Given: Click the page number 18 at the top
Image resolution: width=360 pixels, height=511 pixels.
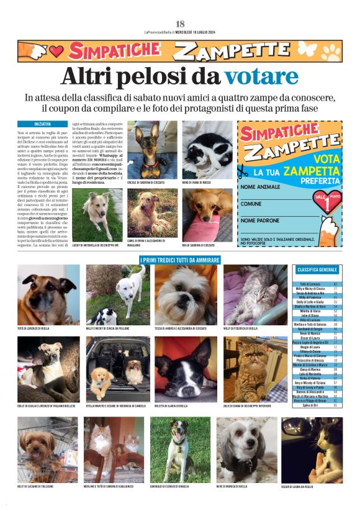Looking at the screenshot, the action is coord(180,24).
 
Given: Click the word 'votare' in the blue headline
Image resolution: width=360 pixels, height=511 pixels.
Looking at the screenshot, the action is coord(261,77).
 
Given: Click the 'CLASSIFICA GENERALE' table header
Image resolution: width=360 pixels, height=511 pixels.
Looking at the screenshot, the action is coord(317,270).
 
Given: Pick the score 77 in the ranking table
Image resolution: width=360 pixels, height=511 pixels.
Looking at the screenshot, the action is coord(335,289).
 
